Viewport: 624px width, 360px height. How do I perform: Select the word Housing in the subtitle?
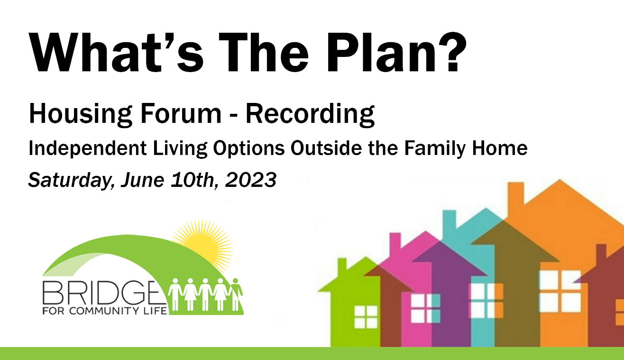81,114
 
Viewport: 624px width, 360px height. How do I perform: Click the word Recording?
310,114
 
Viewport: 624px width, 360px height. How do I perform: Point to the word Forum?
181,113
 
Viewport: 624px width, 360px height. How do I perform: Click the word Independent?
88,148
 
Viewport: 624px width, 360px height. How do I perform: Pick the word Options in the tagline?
249,148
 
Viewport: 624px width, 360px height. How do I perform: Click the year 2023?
251,179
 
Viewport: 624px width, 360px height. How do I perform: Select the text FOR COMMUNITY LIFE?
105,310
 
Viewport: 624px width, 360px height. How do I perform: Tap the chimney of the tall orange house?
515,195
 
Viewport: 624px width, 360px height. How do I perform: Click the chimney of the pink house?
395,243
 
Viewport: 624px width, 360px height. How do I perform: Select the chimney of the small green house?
342,266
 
